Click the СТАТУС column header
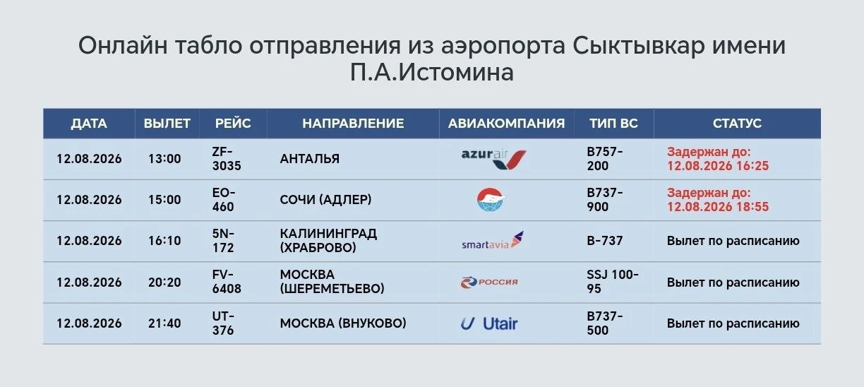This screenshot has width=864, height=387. coord(737,124)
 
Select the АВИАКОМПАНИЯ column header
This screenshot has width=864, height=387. coord(506,124)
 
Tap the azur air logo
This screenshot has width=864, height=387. coord(493,159)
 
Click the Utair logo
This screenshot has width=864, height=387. coord(489,323)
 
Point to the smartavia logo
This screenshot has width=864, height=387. coord(493,240)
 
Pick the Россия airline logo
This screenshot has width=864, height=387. coord(489,282)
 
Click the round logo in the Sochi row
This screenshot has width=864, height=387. coord(491,200)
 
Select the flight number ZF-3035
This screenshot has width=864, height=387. coord(227,159)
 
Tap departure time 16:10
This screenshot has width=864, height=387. coord(164,241)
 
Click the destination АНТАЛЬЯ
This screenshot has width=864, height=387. coord(310,159)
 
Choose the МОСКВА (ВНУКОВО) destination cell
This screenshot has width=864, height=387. coord(343,323)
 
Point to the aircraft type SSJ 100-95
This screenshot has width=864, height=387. coord(613,282)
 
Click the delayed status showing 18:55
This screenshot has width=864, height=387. coord(718,200)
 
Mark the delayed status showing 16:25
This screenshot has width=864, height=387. coord(718,159)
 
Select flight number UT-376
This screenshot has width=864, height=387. coord(223,323)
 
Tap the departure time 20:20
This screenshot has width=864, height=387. coord(164,282)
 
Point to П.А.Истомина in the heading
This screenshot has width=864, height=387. coord(432,73)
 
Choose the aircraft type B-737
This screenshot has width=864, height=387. coord(605,241)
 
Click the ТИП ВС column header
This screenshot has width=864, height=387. coord(613,124)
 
